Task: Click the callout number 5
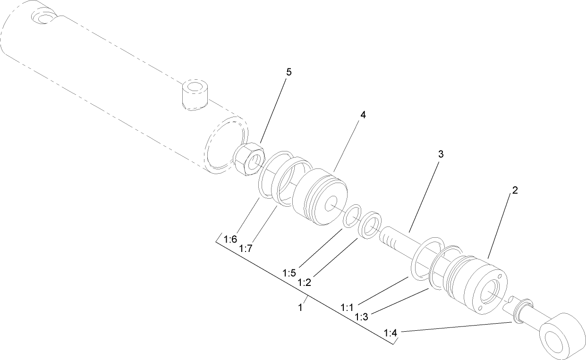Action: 289,72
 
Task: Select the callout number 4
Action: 363,115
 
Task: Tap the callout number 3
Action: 440,154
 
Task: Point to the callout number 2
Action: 515,190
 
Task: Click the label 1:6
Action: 230,239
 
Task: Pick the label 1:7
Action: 246,248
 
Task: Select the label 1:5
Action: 289,273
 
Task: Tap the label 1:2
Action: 305,282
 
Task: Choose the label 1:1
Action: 347,307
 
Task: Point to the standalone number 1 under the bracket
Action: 300,307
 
